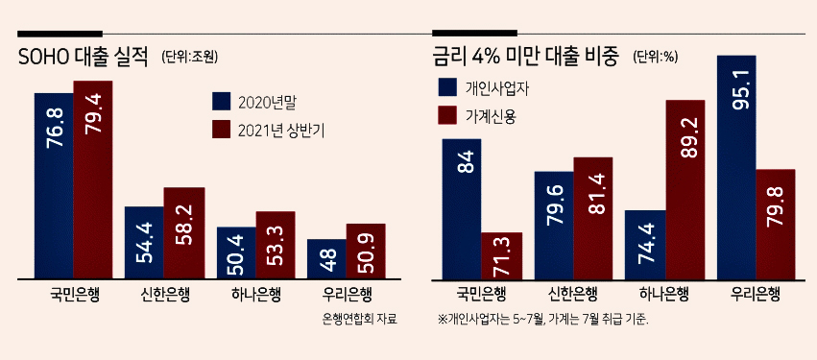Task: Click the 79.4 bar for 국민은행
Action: tap(93, 180)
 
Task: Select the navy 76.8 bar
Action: tap(54, 186)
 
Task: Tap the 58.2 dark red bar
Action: tap(184, 233)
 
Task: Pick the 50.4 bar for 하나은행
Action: tap(236, 252)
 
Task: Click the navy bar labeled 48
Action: tap(326, 259)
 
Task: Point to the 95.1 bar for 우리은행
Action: tap(736, 167)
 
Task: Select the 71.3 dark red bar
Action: tap(501, 255)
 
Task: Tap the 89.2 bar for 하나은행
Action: tap(685, 190)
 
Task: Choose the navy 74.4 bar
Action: tap(645, 245)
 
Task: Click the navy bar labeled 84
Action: tap(461, 209)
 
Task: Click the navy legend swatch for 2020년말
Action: tap(222, 102)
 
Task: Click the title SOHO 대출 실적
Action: tap(84, 58)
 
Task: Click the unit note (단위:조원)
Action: tap(190, 57)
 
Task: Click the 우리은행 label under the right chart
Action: tap(756, 296)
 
